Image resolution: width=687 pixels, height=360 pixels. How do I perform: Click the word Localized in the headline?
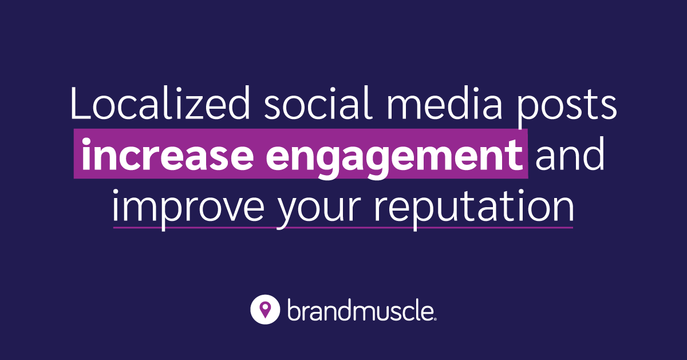coord(155,104)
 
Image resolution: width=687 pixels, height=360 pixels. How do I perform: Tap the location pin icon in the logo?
coord(264,310)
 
